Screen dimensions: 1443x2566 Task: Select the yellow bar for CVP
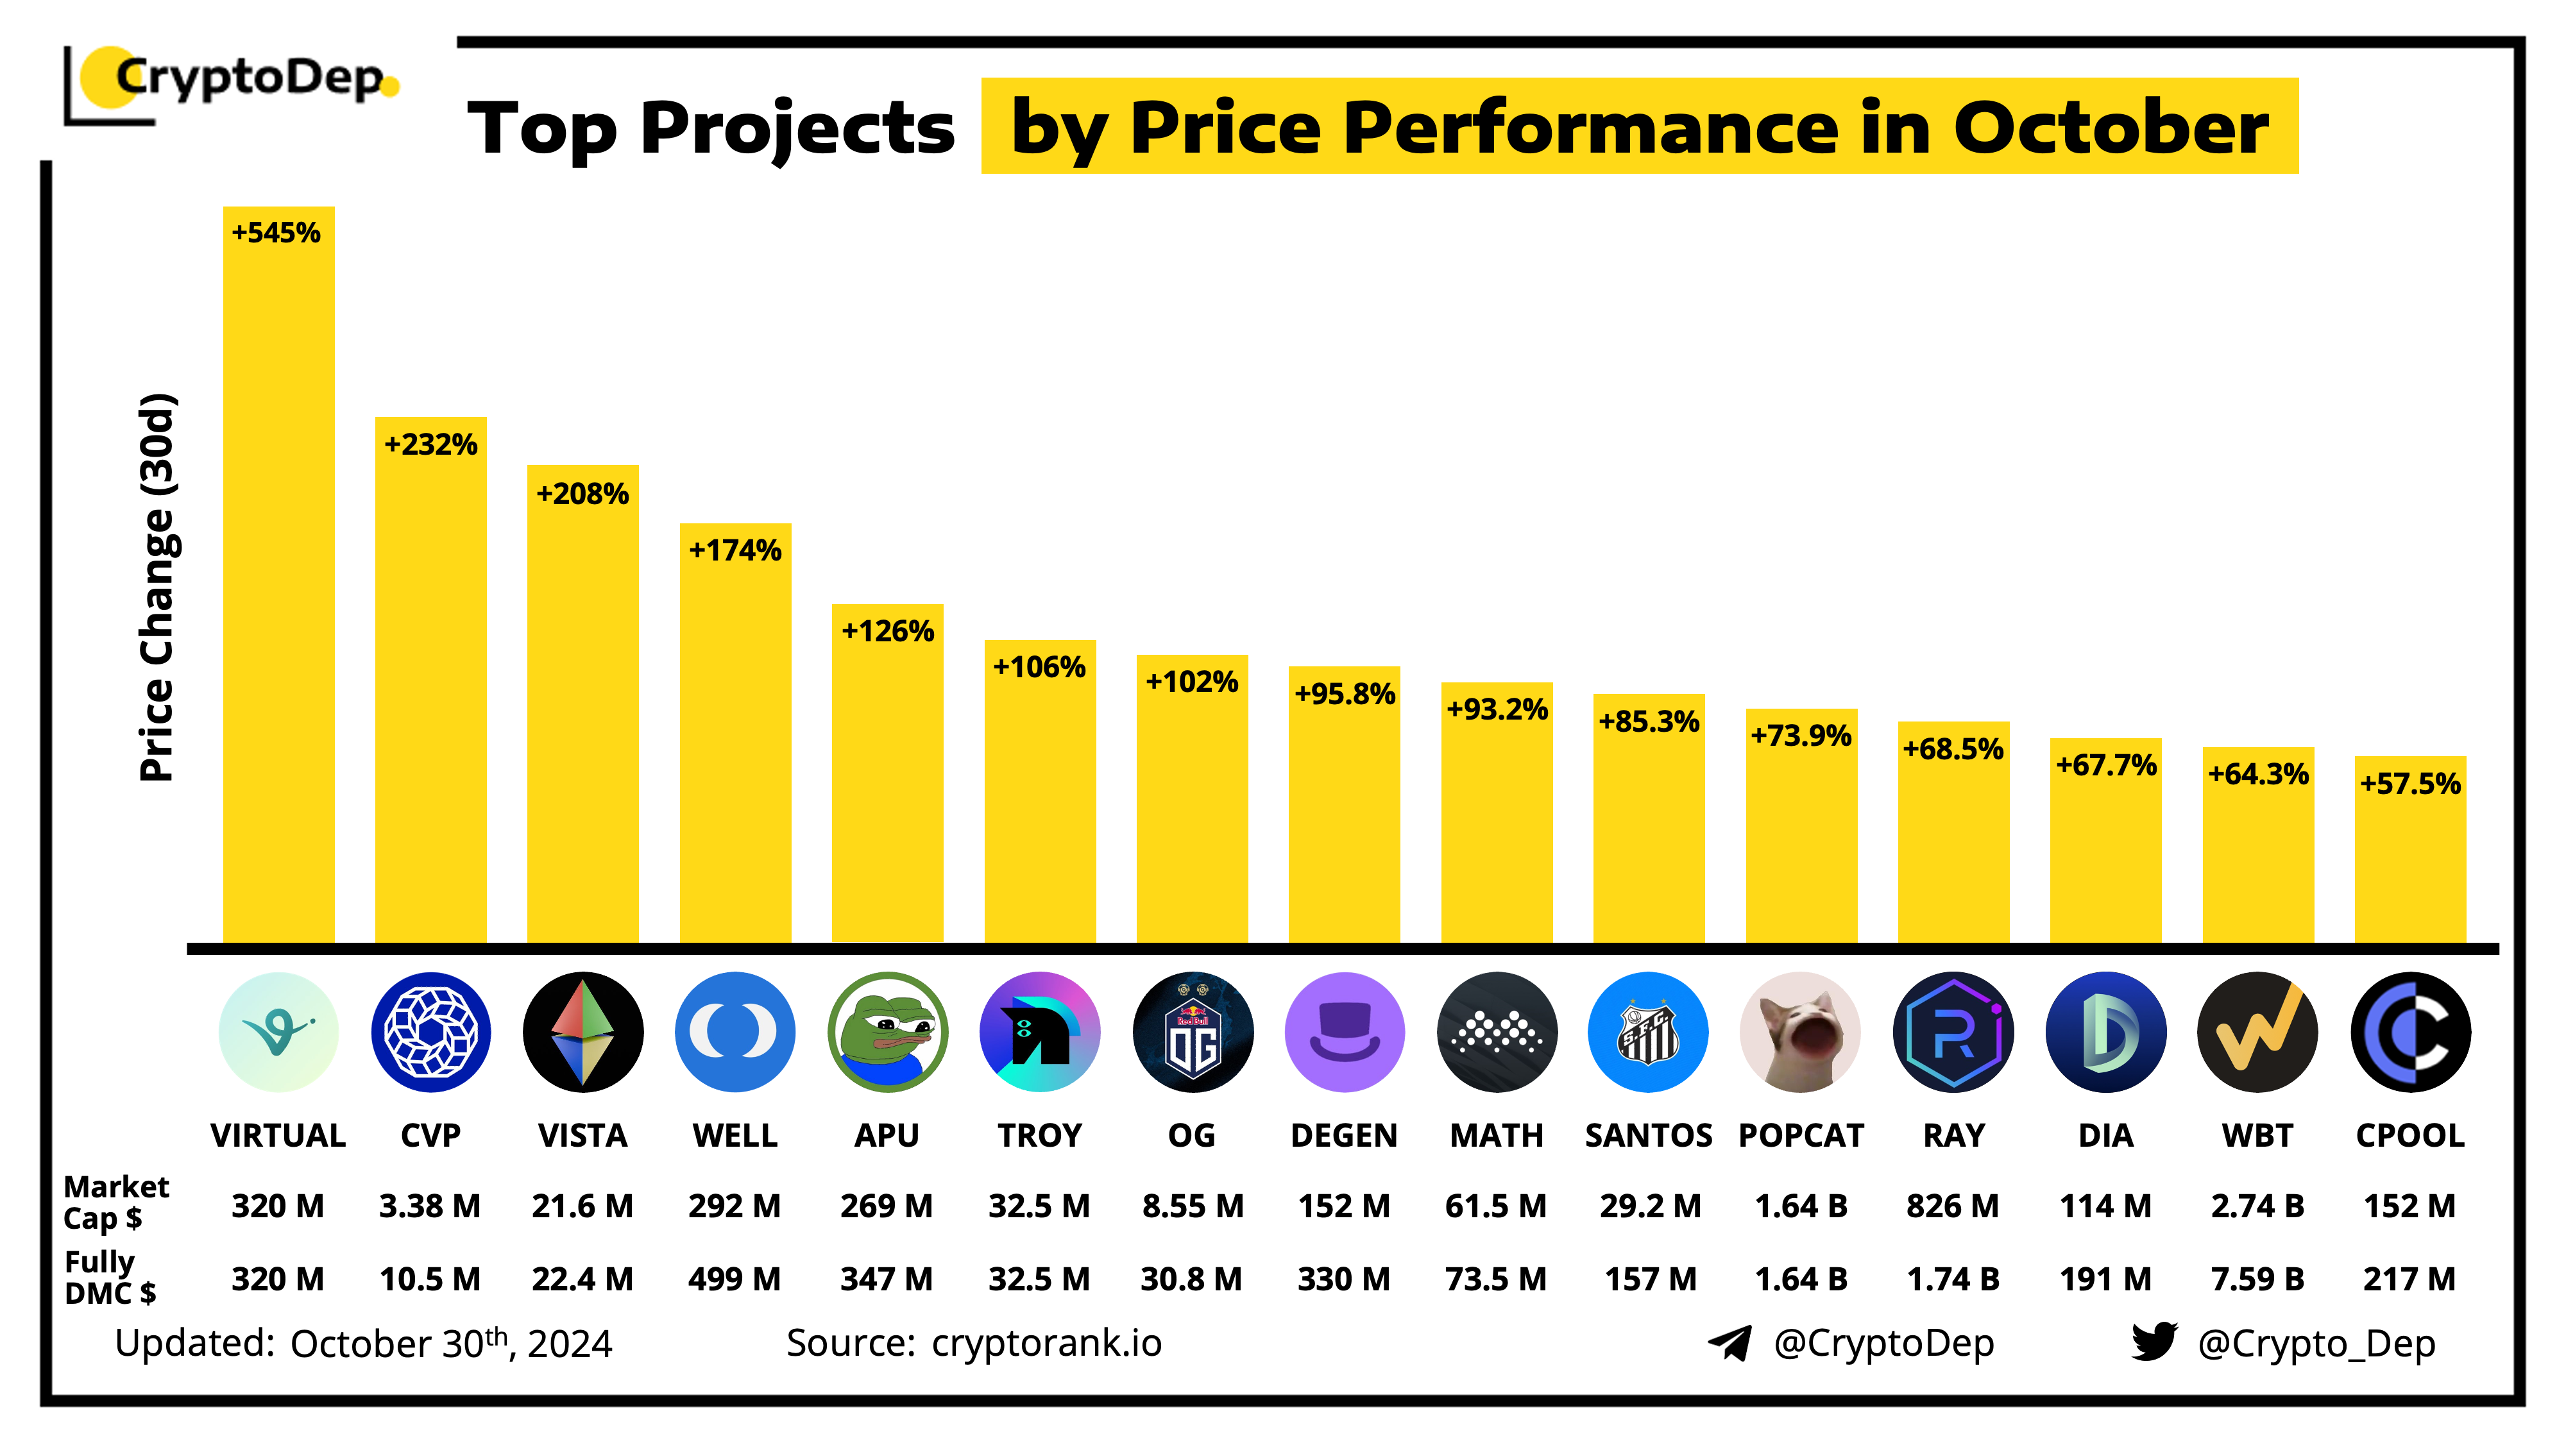[430, 697]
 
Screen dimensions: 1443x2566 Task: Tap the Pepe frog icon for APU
[887, 1032]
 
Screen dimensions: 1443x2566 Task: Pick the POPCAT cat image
[1800, 1032]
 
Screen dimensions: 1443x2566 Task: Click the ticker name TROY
[1039, 1135]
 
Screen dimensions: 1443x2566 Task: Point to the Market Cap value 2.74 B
[2257, 1206]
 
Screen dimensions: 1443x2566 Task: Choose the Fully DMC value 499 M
[734, 1279]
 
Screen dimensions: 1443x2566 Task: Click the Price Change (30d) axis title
[157, 587]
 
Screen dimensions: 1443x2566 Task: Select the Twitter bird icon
[2154, 1342]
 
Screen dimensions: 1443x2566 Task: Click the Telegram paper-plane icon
[1730, 1342]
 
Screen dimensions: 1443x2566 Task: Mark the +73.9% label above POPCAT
[1800, 736]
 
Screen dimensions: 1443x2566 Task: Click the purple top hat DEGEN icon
[1344, 1032]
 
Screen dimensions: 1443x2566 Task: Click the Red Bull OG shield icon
[1193, 1032]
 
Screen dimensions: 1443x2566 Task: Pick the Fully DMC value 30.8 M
[1191, 1279]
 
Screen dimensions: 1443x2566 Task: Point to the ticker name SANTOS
[1649, 1135]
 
